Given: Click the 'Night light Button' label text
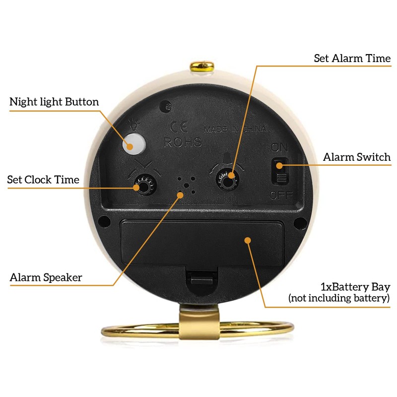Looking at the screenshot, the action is pos(54,102).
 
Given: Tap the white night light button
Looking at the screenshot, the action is pos(132,143).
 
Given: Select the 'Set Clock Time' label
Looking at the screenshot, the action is pos(43,180).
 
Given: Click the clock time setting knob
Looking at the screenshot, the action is pos(142,186).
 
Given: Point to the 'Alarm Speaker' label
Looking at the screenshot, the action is pos(46,277).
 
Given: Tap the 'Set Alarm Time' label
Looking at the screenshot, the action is pos(352,58).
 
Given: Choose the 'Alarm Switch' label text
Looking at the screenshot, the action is pos(357,157).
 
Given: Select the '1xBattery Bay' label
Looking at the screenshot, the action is pos(355,287).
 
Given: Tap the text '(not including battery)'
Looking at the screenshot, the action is pos(339,298).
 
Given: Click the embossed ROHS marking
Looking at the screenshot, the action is pos(183,142).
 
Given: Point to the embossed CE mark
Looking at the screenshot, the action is pos(177,126).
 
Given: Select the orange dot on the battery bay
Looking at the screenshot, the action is pos(247,241).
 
